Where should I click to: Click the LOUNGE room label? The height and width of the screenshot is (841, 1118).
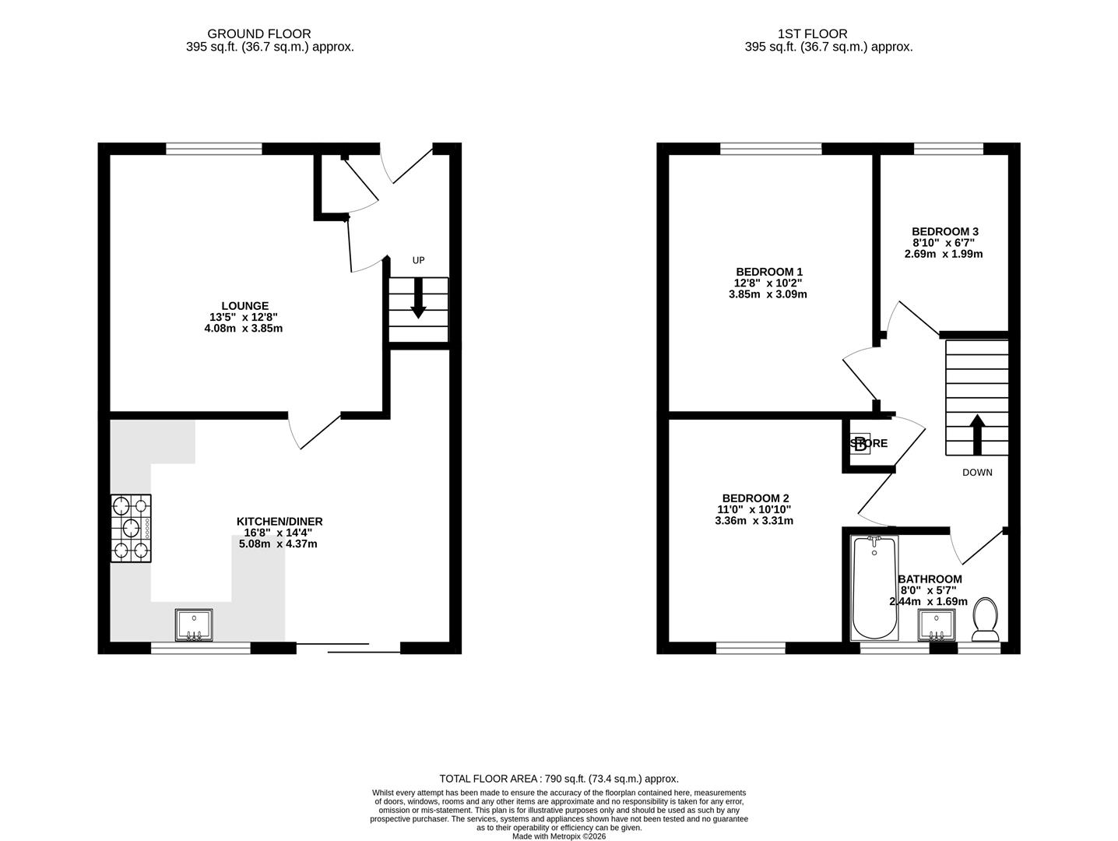244,306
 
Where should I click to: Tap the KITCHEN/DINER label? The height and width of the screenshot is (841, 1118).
279,521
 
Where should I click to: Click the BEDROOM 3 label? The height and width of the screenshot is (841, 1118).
944,231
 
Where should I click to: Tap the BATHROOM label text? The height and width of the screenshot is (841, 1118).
930,579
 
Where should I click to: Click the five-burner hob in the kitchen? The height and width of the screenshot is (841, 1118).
131,528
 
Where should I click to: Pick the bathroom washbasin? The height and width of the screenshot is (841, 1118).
937,625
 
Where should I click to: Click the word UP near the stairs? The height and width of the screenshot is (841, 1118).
418,260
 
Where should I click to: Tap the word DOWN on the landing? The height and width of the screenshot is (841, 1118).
977,473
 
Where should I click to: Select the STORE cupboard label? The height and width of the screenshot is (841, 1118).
870,444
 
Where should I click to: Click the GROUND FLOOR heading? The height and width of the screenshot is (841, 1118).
258,33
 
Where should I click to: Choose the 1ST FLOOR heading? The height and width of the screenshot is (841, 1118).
812,33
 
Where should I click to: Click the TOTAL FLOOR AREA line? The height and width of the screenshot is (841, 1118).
558,778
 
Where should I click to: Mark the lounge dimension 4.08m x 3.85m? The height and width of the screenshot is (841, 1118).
243,329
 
